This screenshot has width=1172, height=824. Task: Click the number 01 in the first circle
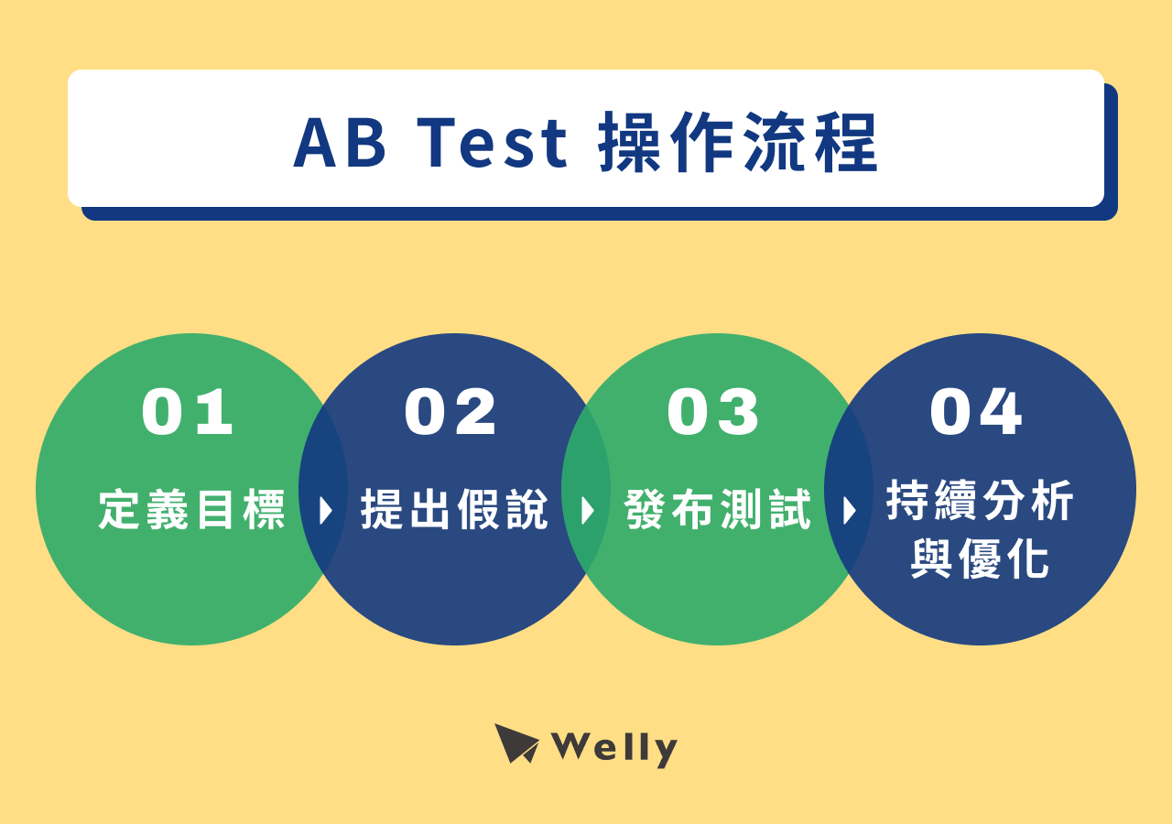click(x=188, y=412)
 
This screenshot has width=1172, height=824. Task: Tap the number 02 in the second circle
click(x=450, y=412)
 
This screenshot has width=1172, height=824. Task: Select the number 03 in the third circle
click(x=713, y=412)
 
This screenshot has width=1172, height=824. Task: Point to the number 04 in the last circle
click(x=976, y=412)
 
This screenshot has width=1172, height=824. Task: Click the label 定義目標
click(x=192, y=510)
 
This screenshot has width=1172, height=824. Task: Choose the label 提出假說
click(x=454, y=510)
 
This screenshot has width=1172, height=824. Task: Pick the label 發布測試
click(x=718, y=510)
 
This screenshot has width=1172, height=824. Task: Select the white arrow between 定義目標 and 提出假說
click(x=325, y=511)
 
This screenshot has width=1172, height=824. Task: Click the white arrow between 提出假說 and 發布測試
click(x=588, y=511)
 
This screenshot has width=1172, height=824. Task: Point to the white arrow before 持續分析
click(x=850, y=511)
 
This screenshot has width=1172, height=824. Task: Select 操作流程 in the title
click(x=738, y=145)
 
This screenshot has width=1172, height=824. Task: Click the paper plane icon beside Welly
click(x=515, y=743)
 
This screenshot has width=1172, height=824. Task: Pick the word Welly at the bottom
click(x=614, y=749)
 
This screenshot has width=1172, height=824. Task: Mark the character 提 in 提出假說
click(x=383, y=510)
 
